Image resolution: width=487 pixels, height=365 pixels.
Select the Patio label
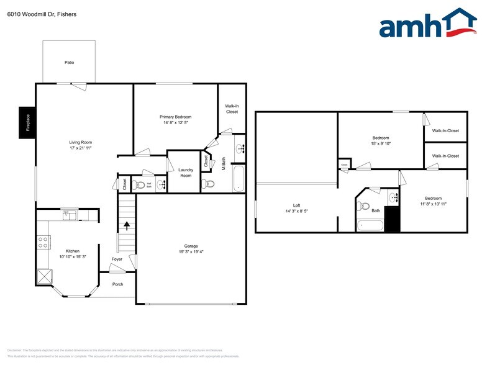point(69,63)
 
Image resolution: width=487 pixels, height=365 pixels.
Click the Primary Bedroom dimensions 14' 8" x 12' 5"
point(175,123)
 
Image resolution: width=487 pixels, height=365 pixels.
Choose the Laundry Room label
point(186,173)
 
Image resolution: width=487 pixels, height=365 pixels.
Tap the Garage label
point(191,246)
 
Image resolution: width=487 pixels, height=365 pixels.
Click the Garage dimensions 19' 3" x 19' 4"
point(191,252)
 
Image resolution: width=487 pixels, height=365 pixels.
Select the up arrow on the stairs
point(127,226)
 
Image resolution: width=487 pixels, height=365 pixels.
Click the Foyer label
point(117,259)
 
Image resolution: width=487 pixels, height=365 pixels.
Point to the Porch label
point(117,284)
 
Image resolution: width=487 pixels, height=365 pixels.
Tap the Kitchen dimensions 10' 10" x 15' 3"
point(73,257)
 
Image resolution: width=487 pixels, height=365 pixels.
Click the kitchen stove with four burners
point(43,242)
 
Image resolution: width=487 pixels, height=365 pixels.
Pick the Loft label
point(296,205)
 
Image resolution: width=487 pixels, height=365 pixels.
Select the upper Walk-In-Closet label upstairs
point(445,131)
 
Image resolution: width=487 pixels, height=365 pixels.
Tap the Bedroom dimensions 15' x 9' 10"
point(381,143)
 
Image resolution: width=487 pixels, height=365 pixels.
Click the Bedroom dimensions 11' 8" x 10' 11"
point(433,204)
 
